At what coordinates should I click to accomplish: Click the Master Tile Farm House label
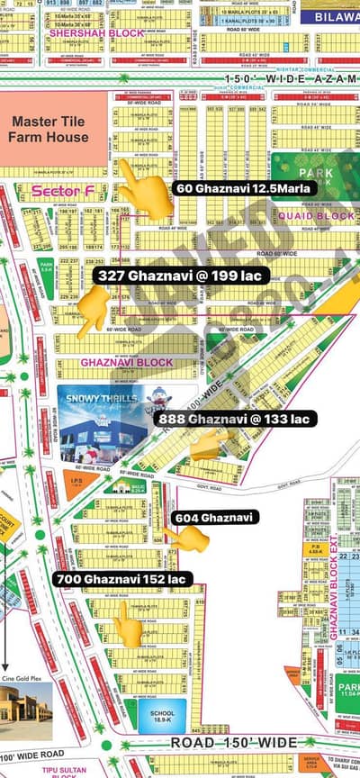click(x=49, y=128)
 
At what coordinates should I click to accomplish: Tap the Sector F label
click(x=55, y=191)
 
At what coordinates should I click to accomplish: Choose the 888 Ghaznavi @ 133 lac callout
click(x=233, y=419)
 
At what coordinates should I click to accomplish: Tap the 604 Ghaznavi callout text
click(x=216, y=517)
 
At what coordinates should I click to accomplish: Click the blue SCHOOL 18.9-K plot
click(x=163, y=713)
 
